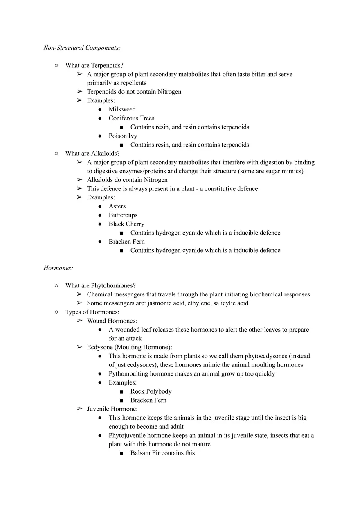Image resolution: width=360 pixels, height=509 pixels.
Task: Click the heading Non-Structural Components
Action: tap(82, 48)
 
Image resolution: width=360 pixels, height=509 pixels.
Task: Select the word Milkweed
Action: tap(122, 109)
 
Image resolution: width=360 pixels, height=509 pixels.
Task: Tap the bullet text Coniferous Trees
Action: tap(131, 118)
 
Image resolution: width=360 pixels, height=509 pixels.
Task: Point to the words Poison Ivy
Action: tap(123, 136)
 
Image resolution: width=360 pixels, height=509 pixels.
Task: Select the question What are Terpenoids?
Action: tap(94, 65)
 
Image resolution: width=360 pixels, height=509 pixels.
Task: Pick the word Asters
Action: tap(117, 206)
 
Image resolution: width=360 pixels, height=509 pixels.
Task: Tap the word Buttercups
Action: tap(123, 215)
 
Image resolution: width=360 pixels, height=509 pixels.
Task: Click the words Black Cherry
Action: tap(126, 224)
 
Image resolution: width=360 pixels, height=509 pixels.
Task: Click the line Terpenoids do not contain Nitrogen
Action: tap(134, 92)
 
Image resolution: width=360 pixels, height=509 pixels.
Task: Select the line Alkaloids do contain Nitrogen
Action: tap(127, 180)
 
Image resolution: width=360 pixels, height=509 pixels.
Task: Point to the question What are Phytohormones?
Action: tap(100, 285)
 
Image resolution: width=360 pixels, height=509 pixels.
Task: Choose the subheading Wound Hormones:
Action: tap(112, 321)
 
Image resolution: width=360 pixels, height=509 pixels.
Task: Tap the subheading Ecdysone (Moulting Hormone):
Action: tap(129, 347)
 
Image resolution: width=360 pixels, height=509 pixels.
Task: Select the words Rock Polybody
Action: tap(151, 391)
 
